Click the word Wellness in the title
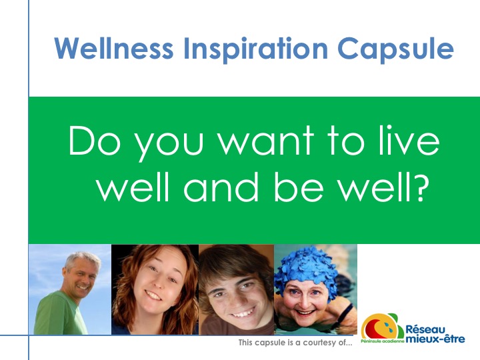tap(114, 49)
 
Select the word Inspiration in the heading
tap(255, 49)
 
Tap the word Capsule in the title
tap(395, 49)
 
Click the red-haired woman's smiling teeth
tap(155, 295)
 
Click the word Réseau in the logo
tap(425, 330)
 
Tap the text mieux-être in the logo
tap(435, 339)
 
